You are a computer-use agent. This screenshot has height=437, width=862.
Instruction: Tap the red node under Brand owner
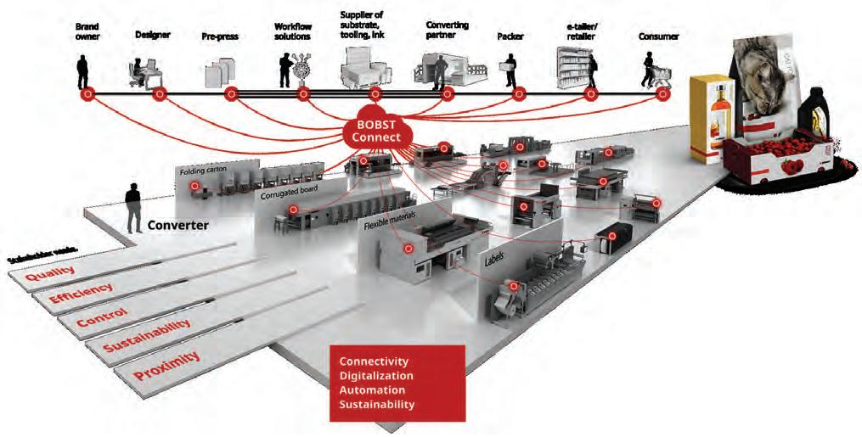click(x=85, y=94)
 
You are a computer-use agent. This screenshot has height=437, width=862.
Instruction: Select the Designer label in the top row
click(x=153, y=35)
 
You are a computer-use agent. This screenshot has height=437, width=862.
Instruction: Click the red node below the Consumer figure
click(x=663, y=94)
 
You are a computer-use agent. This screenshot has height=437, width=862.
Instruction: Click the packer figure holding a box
click(x=510, y=69)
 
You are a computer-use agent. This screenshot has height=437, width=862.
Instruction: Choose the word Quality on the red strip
click(x=49, y=274)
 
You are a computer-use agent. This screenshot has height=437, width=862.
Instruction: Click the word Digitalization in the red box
click(x=376, y=375)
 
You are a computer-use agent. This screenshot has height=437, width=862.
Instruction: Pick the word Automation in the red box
click(x=370, y=389)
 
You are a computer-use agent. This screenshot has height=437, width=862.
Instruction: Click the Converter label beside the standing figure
click(x=177, y=227)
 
